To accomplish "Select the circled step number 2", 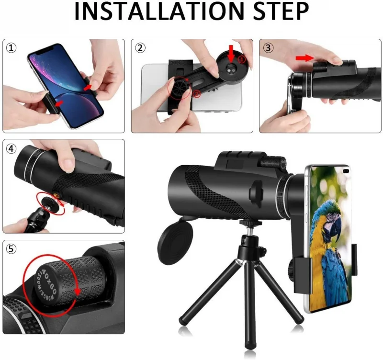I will [x=140, y=48].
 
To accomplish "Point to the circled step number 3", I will [x=268, y=48].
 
